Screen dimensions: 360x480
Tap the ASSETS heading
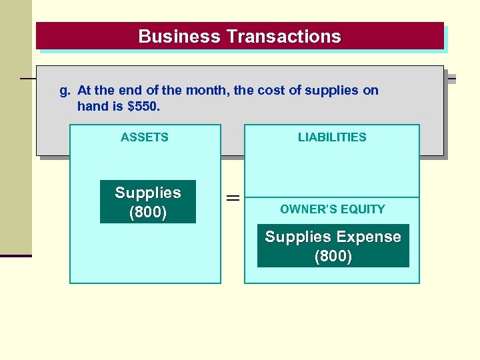(145, 137)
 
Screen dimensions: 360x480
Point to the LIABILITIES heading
(332, 137)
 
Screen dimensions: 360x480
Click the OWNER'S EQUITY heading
(333, 209)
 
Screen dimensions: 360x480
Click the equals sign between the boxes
(233, 198)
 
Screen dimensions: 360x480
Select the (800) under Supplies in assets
(148, 213)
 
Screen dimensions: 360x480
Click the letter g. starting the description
(65, 91)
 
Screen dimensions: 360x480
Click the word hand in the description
(91, 106)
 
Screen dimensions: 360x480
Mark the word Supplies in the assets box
(148, 193)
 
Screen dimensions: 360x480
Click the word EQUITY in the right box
(363, 209)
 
